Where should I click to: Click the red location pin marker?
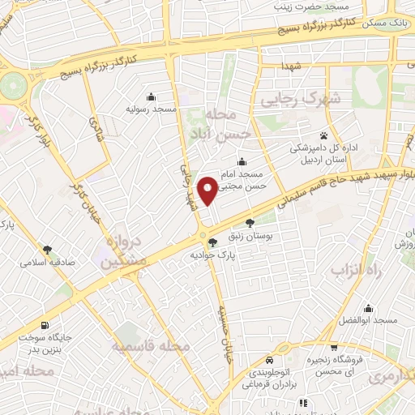coord(207,190)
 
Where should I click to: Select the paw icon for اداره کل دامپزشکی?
coord(323,135)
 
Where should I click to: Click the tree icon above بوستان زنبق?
coord(249,222)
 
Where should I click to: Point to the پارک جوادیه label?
coord(212,255)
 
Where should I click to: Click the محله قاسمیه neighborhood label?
coord(152,346)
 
